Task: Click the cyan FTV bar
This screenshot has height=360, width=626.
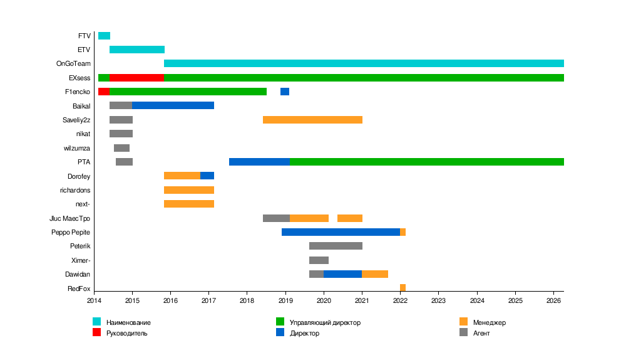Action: point(104,36)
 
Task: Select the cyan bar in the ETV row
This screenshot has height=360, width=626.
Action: point(137,50)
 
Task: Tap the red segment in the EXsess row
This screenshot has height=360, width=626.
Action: point(136,78)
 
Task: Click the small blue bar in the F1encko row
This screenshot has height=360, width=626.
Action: point(285,92)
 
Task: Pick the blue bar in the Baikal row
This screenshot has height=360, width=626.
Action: point(173,105)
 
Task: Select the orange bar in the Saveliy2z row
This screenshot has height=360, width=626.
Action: point(312,120)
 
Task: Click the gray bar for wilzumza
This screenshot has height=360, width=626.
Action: point(121,148)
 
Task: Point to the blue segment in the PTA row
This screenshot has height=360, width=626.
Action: point(259,162)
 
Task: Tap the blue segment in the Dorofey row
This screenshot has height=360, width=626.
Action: point(207,176)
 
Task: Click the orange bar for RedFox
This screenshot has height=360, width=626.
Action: point(403,288)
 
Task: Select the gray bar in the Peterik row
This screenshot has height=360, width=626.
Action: point(336,246)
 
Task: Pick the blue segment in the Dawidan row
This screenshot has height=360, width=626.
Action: point(342,274)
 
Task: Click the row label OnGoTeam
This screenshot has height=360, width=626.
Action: point(73,63)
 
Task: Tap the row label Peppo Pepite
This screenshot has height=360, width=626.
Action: point(71,232)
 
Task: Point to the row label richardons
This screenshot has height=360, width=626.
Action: point(75,190)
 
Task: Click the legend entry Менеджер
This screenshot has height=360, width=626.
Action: point(490,322)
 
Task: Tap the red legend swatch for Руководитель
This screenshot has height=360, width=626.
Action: point(97,332)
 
